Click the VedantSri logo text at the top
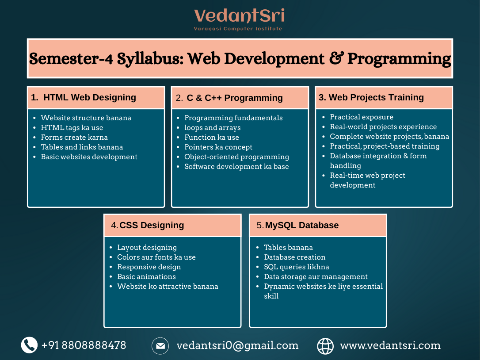tap(239, 16)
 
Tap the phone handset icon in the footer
tap(29, 345)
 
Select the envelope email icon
tap(160, 346)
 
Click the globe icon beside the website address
tap(326, 346)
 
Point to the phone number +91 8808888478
tap(84, 345)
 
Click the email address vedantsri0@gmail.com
tap(237, 345)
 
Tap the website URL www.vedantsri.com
tap(390, 345)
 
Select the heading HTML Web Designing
tap(89, 97)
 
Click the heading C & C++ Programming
tap(234, 98)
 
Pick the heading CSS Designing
tap(152, 225)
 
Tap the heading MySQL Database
tap(302, 225)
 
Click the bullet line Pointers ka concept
tap(218, 147)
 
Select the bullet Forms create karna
tap(74, 137)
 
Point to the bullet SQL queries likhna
tap(296, 267)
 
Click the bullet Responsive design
tap(149, 267)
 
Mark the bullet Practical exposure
tap(361, 117)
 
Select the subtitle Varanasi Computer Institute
tap(238, 29)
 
